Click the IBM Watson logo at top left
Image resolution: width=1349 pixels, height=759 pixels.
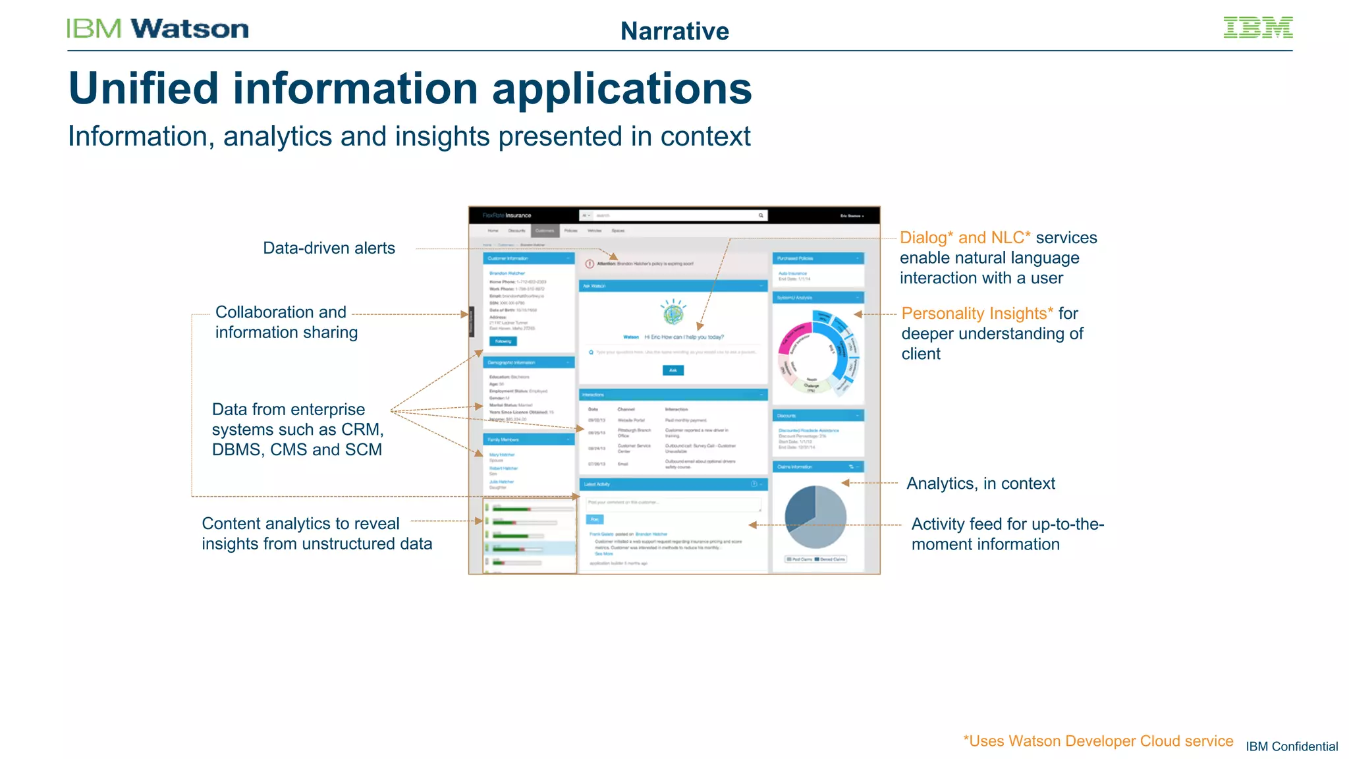click(157, 28)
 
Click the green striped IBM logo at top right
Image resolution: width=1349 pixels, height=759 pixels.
click(1257, 28)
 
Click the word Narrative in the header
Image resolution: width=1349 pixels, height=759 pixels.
click(674, 31)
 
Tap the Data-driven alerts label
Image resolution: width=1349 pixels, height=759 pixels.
click(329, 248)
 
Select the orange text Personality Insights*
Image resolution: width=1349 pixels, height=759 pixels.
click(977, 313)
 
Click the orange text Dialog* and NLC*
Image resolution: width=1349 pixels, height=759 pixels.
click(965, 237)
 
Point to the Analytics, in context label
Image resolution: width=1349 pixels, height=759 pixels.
click(980, 483)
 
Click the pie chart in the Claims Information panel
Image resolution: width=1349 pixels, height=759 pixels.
click(815, 517)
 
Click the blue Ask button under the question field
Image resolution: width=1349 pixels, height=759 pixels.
click(673, 370)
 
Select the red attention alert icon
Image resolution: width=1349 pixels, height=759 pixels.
click(590, 264)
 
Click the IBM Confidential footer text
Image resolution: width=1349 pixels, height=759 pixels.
click(1291, 746)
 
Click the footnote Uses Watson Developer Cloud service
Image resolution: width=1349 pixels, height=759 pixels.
click(1097, 741)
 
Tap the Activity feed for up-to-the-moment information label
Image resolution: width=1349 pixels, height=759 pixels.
click(1007, 534)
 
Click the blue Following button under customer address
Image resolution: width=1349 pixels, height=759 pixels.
click(503, 341)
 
